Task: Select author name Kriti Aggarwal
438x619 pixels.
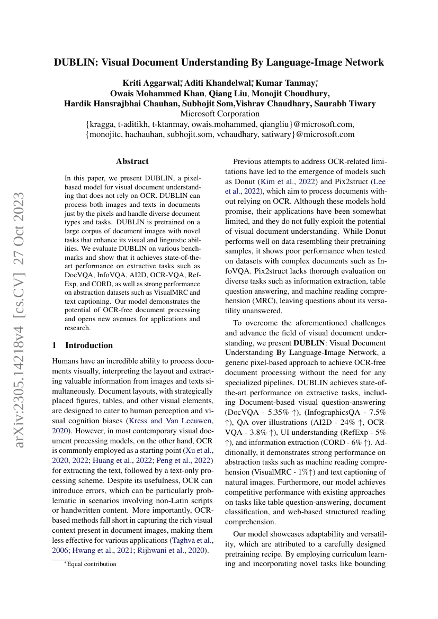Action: pos(151,83)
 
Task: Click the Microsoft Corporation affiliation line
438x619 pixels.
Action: pos(220,114)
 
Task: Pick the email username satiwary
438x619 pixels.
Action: pos(272,134)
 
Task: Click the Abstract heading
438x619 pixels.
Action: pos(132,161)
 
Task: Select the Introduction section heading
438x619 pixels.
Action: pos(88,345)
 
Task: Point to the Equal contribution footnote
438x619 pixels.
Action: pos(91,564)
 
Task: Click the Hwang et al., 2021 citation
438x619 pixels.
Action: pos(105,551)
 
